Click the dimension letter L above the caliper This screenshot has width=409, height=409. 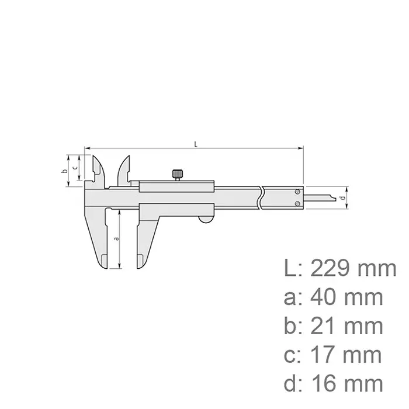coord(195,143)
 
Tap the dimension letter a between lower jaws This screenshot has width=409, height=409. coord(116,238)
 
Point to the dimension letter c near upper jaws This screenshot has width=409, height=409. coord(75,167)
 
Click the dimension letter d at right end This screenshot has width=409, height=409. coord(342,199)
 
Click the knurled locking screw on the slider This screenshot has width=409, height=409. coord(178,175)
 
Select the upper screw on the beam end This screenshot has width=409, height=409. coord(299,192)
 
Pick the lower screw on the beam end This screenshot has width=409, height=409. coord(299,203)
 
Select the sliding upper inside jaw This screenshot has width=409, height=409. coord(123,171)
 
